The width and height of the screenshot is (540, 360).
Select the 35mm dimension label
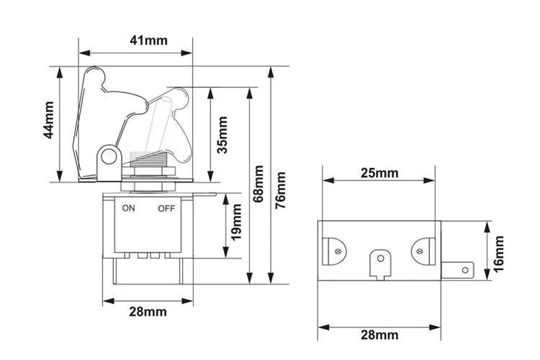click(x=223, y=135)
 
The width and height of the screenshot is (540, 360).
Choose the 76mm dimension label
click(x=280, y=190)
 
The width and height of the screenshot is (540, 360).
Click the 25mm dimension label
click(x=379, y=173)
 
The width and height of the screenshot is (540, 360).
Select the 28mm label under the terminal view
click(x=379, y=335)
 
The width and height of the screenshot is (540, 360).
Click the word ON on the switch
click(x=129, y=208)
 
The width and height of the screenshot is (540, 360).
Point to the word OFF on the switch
click(x=166, y=208)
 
